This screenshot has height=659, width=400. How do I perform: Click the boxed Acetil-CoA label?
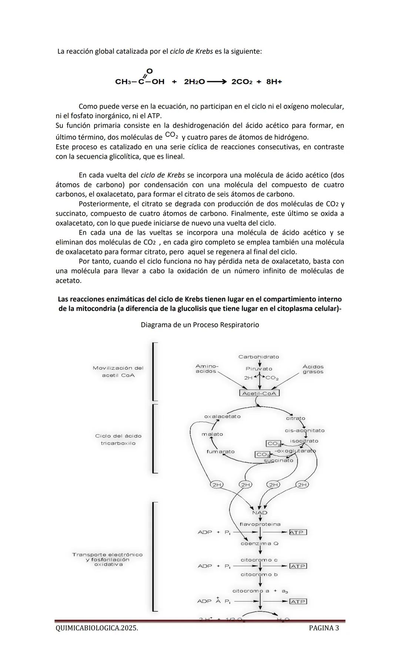coord(259,393)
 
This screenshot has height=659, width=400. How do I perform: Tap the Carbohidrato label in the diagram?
coord(259,357)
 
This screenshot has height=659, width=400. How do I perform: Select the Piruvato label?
coord(259,369)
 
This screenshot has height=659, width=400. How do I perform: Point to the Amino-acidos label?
coord(207,368)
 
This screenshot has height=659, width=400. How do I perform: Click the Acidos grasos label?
coord(313,369)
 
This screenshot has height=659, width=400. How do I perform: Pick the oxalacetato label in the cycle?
coord(222,416)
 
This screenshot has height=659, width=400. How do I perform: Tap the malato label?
coord(212,434)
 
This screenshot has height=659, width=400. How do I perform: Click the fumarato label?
coord(220,451)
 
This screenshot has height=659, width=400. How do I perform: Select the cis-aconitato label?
coord(304,430)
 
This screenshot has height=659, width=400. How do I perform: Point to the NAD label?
coord(260,513)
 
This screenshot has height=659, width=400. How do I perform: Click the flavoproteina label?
coord(260,524)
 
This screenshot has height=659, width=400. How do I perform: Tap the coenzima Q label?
coord(260,543)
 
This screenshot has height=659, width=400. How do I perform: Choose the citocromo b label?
coord(259,574)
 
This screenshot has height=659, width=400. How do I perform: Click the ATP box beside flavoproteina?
coord(298,532)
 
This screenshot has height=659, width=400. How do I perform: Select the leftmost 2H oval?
coord(217,484)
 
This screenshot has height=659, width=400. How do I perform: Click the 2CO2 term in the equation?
coord(242,82)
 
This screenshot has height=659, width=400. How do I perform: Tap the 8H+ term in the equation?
coord(274,82)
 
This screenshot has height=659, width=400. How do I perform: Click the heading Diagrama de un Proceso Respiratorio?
coord(200,325)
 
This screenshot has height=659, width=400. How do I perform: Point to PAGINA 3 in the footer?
coord(324,628)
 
